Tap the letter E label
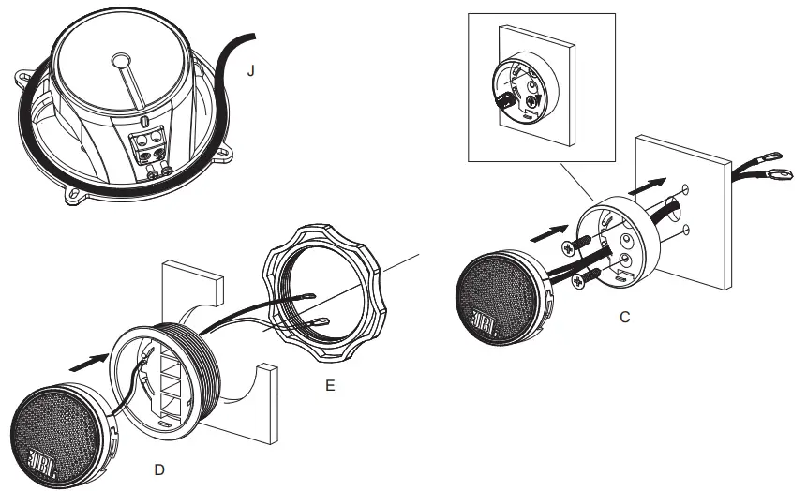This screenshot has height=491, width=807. [x=329, y=383]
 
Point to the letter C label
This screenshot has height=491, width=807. [x=624, y=318]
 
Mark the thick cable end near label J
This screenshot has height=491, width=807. [x=252, y=37]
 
